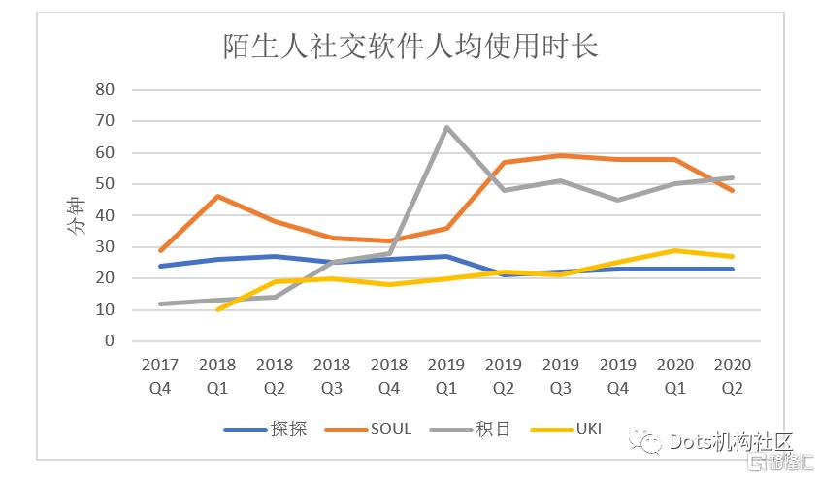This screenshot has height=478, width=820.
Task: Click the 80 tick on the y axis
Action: click(x=104, y=90)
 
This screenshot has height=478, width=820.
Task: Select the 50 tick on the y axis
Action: click(x=104, y=184)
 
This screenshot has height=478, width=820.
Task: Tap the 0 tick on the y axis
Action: click(x=109, y=341)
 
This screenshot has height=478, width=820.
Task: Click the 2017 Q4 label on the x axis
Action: click(x=160, y=375)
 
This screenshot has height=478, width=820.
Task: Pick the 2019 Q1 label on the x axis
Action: click(x=446, y=375)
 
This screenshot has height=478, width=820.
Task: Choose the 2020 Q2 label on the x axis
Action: click(x=733, y=375)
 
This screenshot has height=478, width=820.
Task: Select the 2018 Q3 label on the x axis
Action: click(x=332, y=375)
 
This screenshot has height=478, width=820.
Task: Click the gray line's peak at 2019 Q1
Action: click(x=446, y=127)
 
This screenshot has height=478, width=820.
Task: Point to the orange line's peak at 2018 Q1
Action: click(x=217, y=197)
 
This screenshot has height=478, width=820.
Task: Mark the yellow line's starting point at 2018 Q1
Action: click(x=217, y=309)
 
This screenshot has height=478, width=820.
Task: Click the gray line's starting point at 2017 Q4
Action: click(x=160, y=303)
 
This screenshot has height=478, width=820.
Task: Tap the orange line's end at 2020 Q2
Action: click(x=733, y=190)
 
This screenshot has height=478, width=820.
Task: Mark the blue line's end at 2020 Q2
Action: click(x=733, y=269)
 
